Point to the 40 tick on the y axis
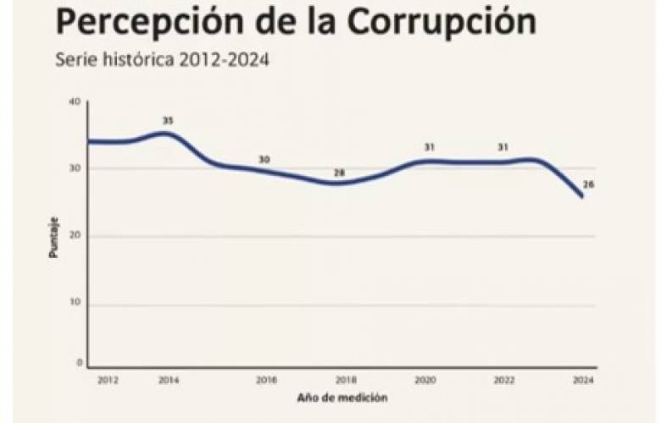tap(75, 102)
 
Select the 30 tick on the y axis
tap(75, 168)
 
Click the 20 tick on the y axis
tap(75, 236)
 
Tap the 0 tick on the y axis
tap(78, 363)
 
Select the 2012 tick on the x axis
tap(107, 381)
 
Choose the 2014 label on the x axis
tap(169, 381)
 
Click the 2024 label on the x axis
tap(583, 381)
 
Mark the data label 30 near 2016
tap(264, 159)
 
